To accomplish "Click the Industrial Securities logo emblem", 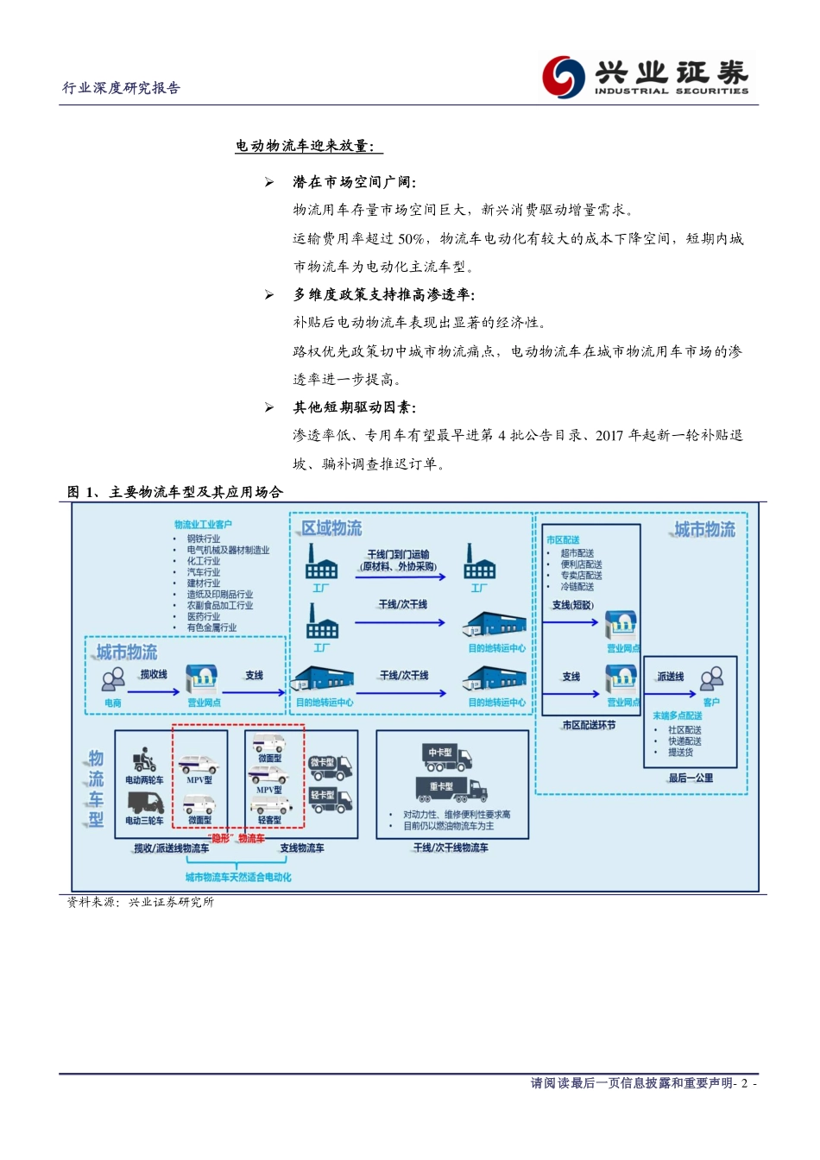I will [x=564, y=76].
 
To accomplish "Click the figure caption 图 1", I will [x=175, y=492].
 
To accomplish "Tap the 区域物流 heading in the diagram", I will [x=331, y=528].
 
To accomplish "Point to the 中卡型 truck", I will [x=447, y=757].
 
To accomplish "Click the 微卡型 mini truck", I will [x=331, y=766].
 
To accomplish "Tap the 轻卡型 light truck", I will [x=331, y=799].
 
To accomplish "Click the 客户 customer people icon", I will [x=712, y=679].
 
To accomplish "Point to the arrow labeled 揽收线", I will [x=153, y=691].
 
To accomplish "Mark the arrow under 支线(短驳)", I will [x=571, y=621].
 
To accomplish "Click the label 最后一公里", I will [x=691, y=778].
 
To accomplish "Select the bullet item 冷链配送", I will [x=577, y=587].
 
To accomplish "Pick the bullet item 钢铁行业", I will [x=204, y=539].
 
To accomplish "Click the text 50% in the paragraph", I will [x=411, y=239].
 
